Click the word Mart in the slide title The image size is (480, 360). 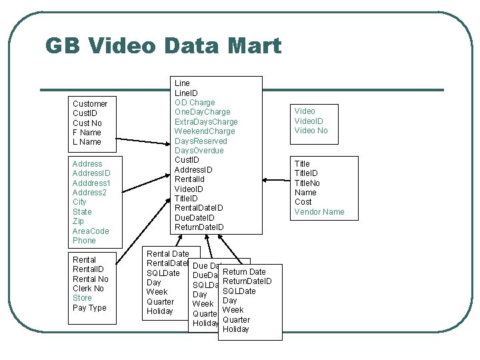click(257, 45)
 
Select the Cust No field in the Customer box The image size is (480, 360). click(87, 123)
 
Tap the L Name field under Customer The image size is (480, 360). click(87, 142)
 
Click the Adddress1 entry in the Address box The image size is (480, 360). click(91, 183)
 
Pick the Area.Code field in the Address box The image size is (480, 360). click(91, 231)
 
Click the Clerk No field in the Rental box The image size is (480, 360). click(89, 289)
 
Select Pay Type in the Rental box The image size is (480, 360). click(89, 308)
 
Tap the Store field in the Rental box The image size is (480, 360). click(82, 298)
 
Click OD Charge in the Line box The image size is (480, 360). click(195, 103)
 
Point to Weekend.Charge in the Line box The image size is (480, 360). click(205, 131)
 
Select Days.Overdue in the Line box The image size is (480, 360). click(199, 151)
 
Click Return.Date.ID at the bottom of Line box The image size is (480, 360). click(199, 227)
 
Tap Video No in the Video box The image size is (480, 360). click(311, 131)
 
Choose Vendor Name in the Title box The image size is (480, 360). click(319, 212)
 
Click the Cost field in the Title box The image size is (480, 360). click(303, 202)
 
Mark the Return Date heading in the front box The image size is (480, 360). click(244, 272)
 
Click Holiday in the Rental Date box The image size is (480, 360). click(160, 311)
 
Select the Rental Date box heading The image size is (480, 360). click(167, 254)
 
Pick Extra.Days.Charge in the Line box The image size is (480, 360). click(206, 122)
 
